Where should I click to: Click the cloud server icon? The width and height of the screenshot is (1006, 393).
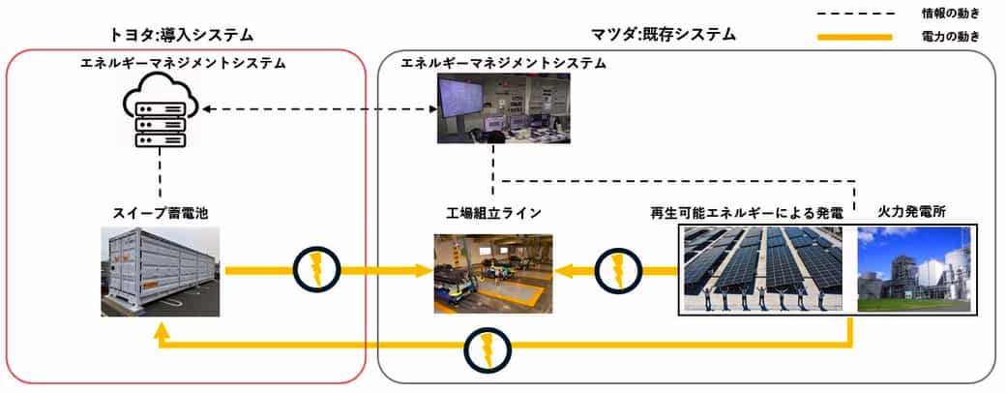click(x=160, y=111)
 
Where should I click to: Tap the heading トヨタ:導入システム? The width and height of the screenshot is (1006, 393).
click(x=181, y=35)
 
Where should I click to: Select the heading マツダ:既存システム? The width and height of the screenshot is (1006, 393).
click(x=663, y=35)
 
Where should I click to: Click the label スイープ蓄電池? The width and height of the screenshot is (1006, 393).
click(x=160, y=213)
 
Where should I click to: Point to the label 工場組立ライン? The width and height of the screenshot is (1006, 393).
click(x=492, y=213)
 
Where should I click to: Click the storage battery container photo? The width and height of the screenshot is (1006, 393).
click(x=160, y=272)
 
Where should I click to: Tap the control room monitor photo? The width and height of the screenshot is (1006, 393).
click(x=504, y=107)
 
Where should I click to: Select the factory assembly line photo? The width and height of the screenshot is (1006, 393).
click(x=492, y=274)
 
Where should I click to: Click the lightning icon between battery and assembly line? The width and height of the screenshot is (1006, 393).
click(x=315, y=270)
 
